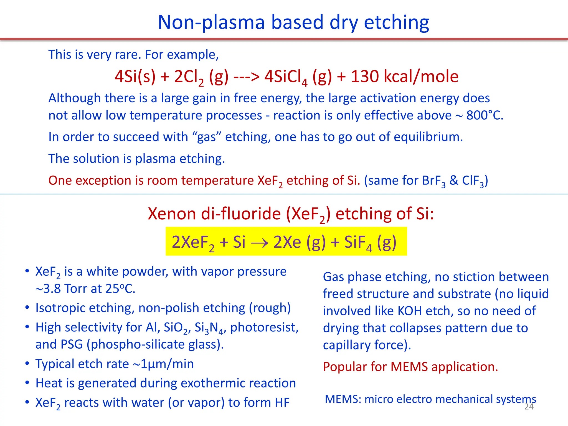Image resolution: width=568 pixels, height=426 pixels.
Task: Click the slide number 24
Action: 529,407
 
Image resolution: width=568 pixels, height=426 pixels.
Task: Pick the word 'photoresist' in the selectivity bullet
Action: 264,328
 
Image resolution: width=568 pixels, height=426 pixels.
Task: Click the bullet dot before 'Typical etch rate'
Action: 27,363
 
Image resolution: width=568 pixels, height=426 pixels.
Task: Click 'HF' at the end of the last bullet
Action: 282,403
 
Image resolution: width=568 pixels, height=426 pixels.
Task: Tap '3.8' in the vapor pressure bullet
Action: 52,289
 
